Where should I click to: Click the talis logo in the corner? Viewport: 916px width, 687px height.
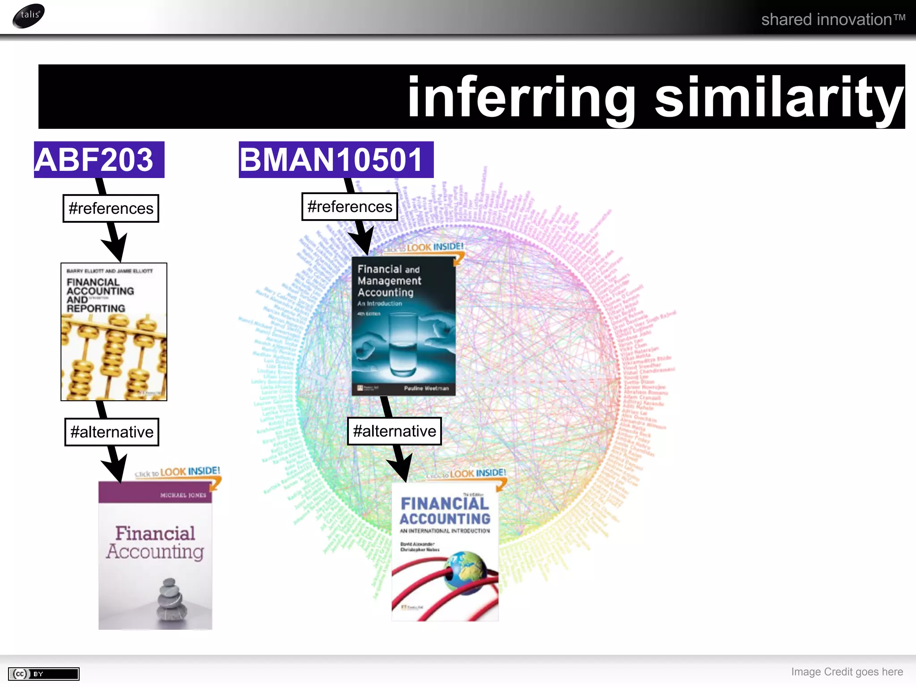pyautogui.click(x=29, y=16)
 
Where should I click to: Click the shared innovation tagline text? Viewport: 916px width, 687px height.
pyautogui.click(x=833, y=20)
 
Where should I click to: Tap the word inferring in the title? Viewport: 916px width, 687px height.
pyautogui.click(x=522, y=98)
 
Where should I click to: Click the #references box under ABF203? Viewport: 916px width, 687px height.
pyautogui.click(x=111, y=208)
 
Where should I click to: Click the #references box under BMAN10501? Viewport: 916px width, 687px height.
pyautogui.click(x=349, y=207)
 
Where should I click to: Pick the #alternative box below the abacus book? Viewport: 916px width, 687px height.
pyautogui.click(x=112, y=432)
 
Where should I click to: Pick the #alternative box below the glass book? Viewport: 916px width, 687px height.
pyautogui.click(x=394, y=431)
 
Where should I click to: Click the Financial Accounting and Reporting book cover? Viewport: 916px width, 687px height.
pyautogui.click(x=114, y=331)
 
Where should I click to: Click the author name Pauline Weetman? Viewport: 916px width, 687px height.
pyautogui.click(x=426, y=388)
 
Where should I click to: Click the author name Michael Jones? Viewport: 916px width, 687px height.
pyautogui.click(x=183, y=495)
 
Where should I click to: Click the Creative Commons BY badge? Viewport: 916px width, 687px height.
pyautogui.click(x=43, y=674)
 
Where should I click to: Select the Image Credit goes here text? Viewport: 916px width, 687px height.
pyautogui.click(x=847, y=672)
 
